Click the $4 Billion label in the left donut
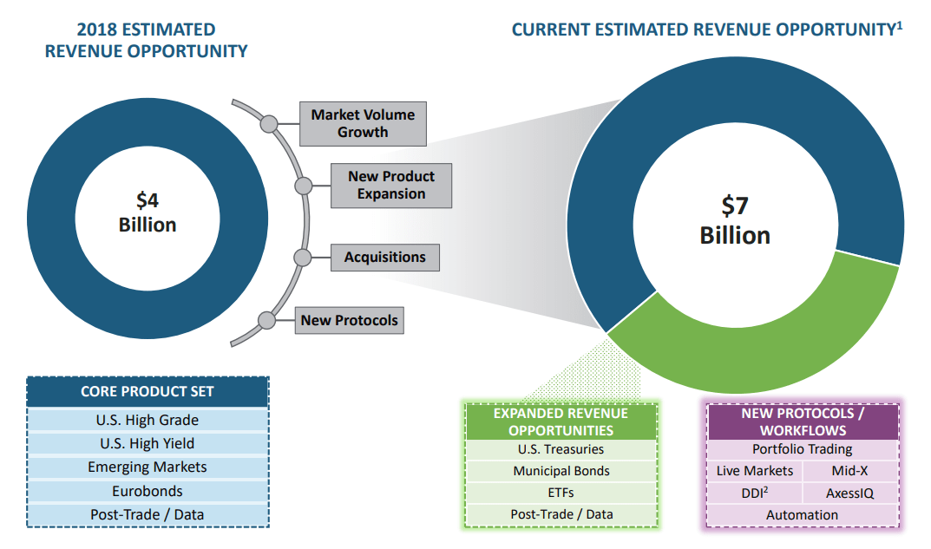148,212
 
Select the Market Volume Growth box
363,124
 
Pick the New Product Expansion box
391,186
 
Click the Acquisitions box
384,258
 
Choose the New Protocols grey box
349,321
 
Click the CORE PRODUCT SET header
148,391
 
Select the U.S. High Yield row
148,444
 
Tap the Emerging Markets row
148,467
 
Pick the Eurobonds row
148,491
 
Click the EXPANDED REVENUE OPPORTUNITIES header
561,422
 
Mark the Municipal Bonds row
561,472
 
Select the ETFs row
561,493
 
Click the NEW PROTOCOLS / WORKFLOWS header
802,422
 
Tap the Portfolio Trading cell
802,450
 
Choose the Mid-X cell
849,471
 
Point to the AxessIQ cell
849,493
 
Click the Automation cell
802,515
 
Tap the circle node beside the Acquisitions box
303,258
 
